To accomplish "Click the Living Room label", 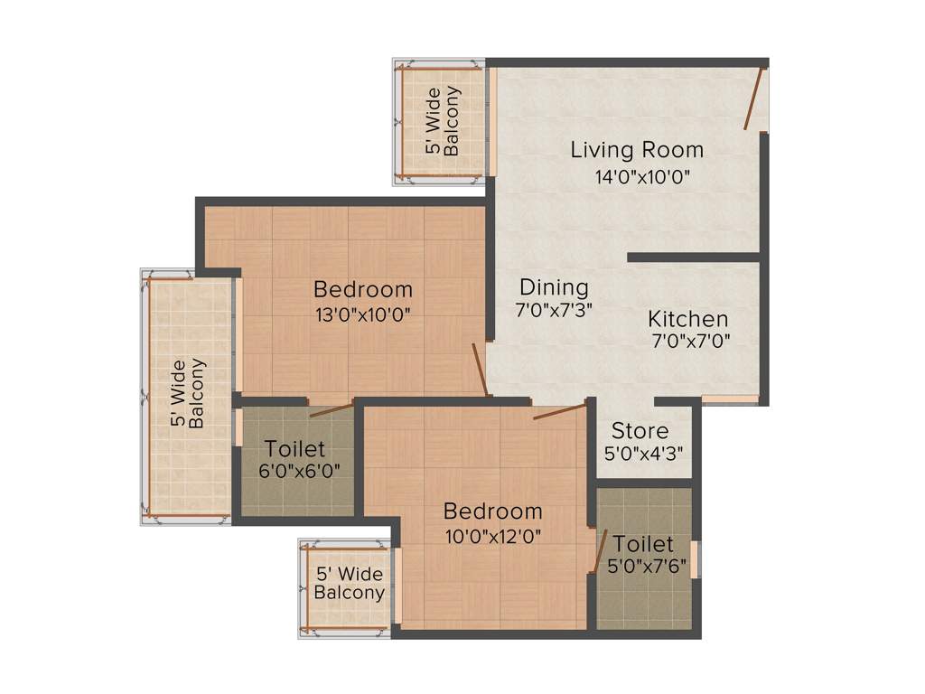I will [x=637, y=150].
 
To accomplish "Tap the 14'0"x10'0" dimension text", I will [x=642, y=177].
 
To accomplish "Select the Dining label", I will [x=554, y=287].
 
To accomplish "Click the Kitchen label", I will [x=688, y=319].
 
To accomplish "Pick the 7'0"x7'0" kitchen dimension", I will [x=691, y=341].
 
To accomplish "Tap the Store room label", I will [x=640, y=430].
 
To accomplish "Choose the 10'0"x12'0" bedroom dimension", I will [x=492, y=536].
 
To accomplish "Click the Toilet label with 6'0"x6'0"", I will [x=295, y=449].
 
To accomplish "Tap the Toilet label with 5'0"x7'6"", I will [x=643, y=544].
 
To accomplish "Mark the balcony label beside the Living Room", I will [x=444, y=121].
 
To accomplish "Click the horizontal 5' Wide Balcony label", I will [x=349, y=584].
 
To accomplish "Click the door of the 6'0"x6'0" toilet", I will [x=331, y=410].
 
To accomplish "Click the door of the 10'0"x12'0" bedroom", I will [x=559, y=412].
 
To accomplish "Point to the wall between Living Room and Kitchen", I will [x=694, y=258].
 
